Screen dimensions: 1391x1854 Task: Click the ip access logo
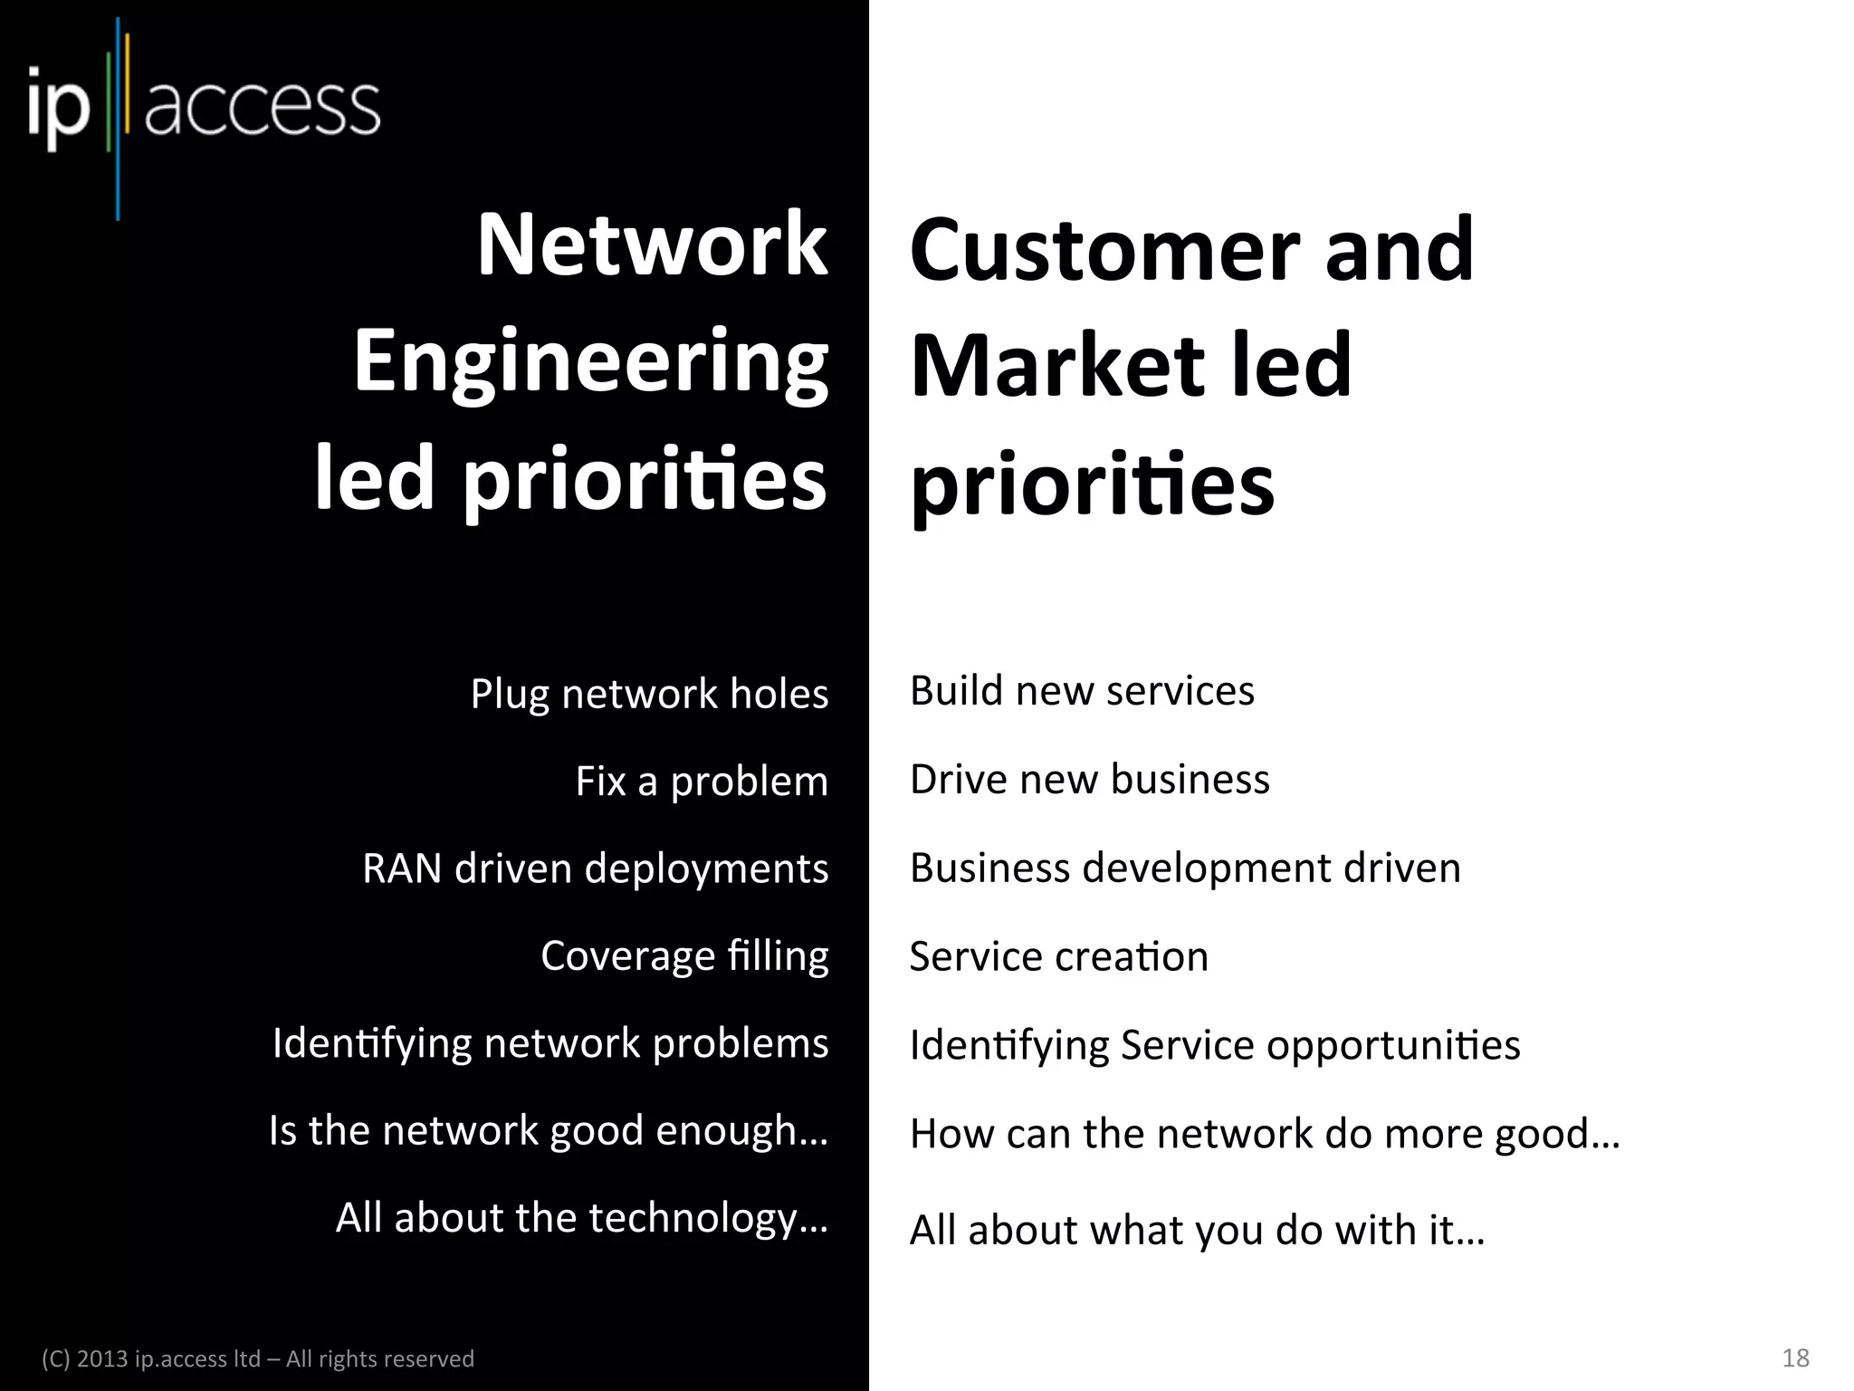click(x=204, y=110)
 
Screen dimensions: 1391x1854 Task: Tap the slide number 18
click(x=1795, y=1357)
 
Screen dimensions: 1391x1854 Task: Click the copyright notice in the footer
click(x=258, y=1358)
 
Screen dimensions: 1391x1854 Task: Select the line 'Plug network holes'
click(x=649, y=695)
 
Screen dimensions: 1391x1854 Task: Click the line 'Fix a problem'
click(x=702, y=781)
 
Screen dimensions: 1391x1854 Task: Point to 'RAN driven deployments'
click(x=595, y=868)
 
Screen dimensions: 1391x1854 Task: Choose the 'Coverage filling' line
click(x=684, y=956)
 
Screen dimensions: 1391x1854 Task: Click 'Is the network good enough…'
click(x=549, y=1131)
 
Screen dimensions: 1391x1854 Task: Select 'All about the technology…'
click(x=582, y=1218)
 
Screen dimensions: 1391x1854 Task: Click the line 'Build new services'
click(x=1082, y=691)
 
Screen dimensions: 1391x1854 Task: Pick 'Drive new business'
click(x=1089, y=780)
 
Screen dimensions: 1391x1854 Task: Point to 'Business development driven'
click(x=1185, y=868)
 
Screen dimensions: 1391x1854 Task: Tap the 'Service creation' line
click(x=1058, y=956)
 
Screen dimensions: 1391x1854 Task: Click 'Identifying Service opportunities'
click(x=1215, y=1045)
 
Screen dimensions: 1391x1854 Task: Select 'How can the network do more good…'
click(x=1265, y=1134)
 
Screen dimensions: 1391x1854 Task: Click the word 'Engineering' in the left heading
click(x=590, y=363)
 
